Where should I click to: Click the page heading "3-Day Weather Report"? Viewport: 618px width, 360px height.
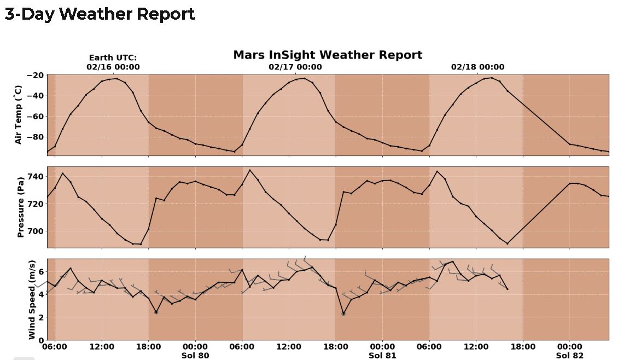(x=100, y=14)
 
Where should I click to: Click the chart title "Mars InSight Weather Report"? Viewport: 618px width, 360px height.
(x=328, y=55)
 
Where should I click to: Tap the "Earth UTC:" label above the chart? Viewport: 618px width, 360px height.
(x=113, y=57)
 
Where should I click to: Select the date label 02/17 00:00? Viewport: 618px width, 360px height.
(x=295, y=67)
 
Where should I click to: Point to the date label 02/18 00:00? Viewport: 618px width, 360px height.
(x=477, y=67)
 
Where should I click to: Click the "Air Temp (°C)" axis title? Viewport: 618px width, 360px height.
(x=19, y=114)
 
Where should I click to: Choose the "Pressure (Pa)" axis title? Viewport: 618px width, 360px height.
(x=21, y=207)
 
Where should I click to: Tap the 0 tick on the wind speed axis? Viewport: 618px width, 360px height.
(x=42, y=340)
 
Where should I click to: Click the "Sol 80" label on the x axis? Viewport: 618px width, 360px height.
(x=195, y=356)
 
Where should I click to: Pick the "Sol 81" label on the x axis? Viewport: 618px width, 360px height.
(x=382, y=356)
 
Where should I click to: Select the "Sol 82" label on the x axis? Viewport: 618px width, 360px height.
(x=569, y=356)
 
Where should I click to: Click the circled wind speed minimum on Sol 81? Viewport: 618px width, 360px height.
(x=343, y=313)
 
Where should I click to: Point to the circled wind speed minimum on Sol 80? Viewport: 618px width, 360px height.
(x=156, y=312)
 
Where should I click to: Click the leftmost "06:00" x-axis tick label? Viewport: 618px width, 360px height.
(x=55, y=347)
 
